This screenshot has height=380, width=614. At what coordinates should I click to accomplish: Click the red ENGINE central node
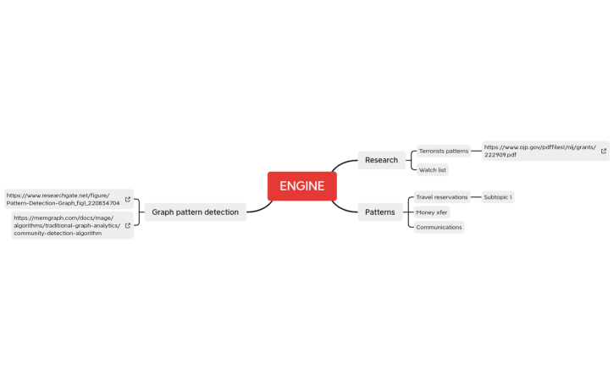[x=301, y=186]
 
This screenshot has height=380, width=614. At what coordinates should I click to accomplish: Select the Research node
[x=381, y=160]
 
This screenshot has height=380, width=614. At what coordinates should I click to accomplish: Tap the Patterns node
[x=379, y=212]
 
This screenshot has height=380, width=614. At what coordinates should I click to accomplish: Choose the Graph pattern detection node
[x=195, y=212]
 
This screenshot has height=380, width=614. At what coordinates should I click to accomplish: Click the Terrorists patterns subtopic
[x=443, y=151]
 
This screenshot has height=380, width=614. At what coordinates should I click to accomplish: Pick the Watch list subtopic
[x=432, y=170]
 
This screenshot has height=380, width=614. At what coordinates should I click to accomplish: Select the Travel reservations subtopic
[x=441, y=197]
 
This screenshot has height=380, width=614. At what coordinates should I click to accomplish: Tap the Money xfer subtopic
[x=431, y=212]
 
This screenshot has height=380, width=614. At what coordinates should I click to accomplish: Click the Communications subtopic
[x=439, y=227]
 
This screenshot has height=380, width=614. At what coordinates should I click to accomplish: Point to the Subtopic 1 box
[x=497, y=197]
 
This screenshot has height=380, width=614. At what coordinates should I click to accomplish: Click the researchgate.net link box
[x=64, y=199]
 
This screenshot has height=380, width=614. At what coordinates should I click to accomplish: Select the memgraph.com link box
[x=67, y=226]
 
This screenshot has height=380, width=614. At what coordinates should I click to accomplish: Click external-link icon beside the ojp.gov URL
[x=603, y=151]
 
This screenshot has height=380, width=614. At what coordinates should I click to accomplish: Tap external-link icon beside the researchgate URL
[x=128, y=200]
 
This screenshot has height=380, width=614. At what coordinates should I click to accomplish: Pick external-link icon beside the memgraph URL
[x=128, y=226]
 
